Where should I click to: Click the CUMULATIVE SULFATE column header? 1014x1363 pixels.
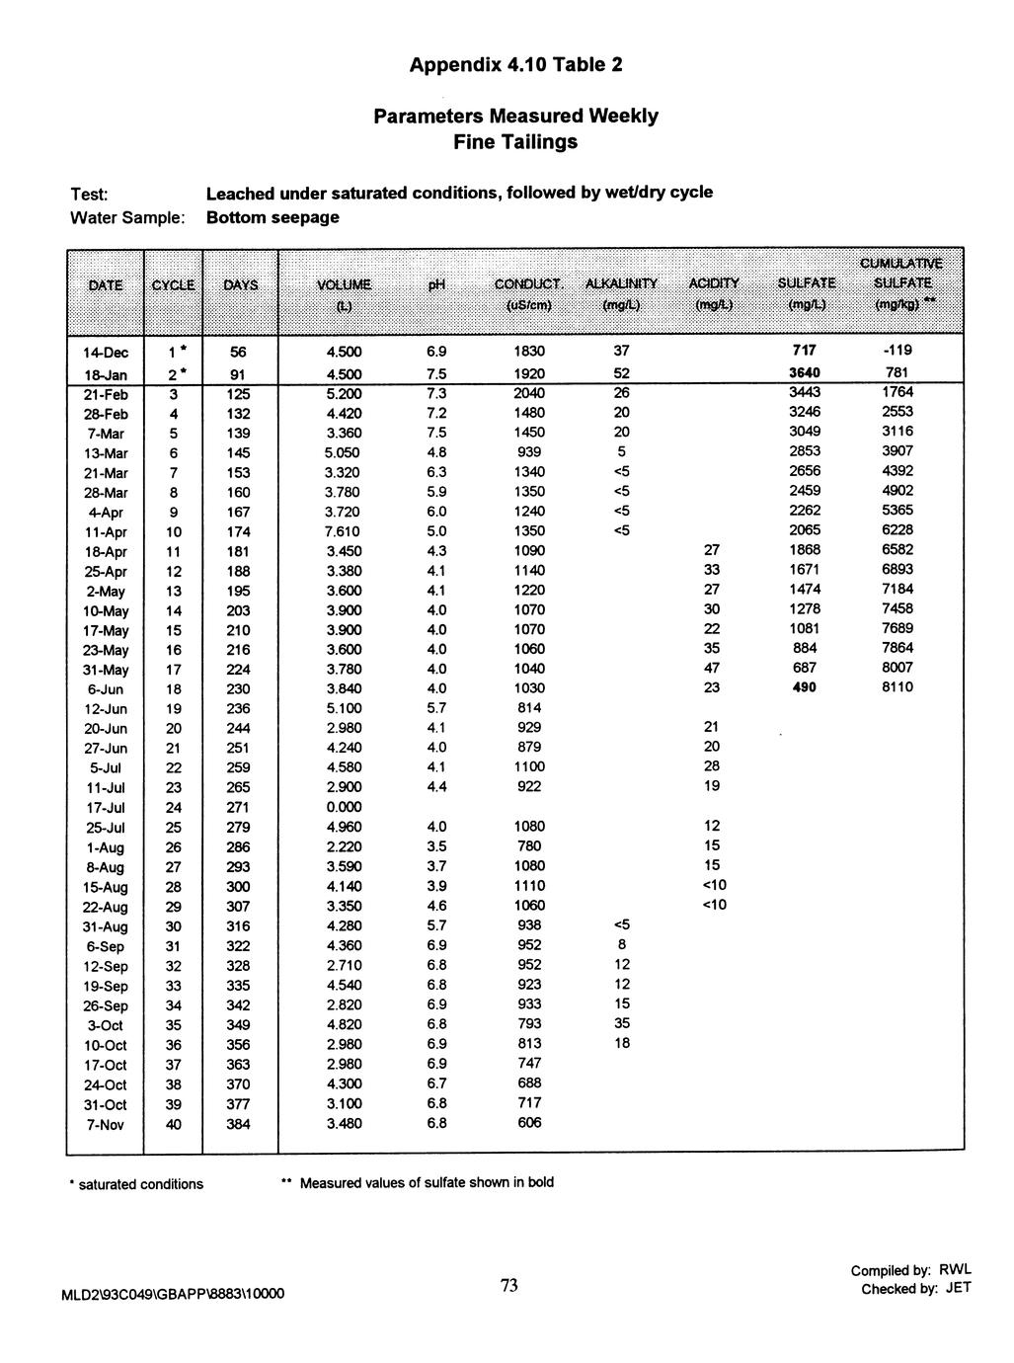(x=900, y=283)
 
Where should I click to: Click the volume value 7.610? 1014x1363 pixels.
(x=344, y=531)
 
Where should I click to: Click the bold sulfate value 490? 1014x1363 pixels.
(x=805, y=688)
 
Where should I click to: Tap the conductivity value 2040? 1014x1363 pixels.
(x=529, y=393)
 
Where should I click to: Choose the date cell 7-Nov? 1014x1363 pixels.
(x=106, y=1124)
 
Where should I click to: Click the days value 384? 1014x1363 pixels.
(x=238, y=1124)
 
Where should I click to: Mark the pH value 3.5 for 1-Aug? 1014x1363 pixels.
(x=436, y=846)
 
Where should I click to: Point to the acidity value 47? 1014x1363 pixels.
(x=712, y=669)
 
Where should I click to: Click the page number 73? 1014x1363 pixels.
(x=508, y=1285)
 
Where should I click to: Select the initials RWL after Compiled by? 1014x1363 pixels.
(x=955, y=1269)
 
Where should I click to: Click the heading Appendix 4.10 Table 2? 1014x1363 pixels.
(x=515, y=66)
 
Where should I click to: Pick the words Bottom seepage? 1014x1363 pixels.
(x=273, y=216)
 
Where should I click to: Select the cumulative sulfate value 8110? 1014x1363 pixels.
(x=897, y=688)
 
